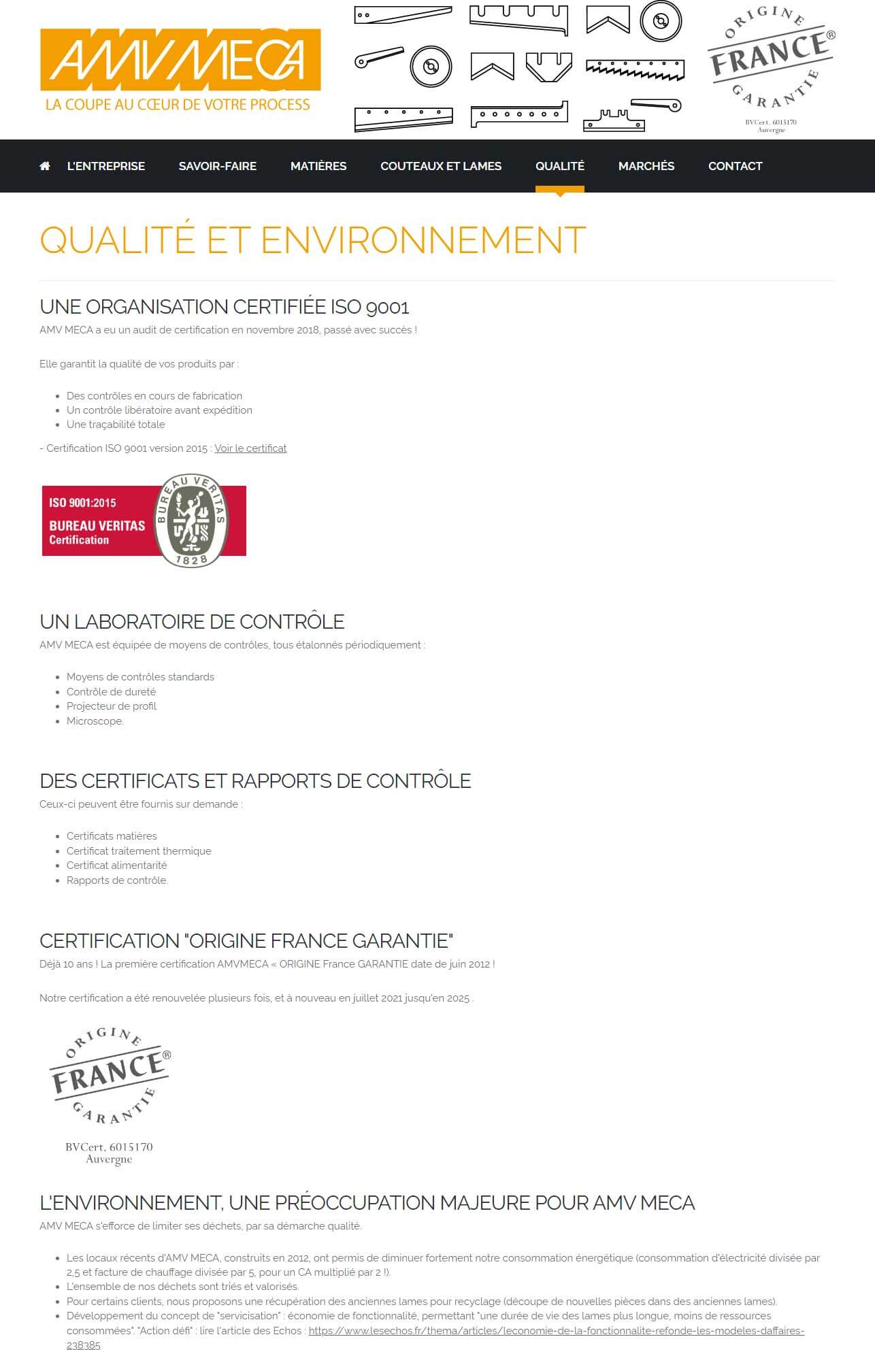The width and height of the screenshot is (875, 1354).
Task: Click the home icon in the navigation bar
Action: pos(45,166)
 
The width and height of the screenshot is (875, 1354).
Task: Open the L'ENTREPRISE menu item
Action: pos(105,166)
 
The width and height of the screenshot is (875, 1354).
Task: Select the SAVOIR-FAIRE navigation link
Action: pos(217,166)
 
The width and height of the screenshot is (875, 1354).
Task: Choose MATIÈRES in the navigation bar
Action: pos(318,166)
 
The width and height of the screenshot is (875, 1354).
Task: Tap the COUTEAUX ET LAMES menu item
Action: pos(441,166)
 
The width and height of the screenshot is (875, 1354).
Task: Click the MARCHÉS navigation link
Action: pos(646,166)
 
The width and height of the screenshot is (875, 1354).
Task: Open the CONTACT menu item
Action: pos(735,166)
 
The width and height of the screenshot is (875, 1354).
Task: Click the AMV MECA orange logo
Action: pos(180,60)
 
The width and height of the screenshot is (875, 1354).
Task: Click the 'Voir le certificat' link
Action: pos(250,448)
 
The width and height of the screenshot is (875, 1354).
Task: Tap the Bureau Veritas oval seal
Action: pos(191,521)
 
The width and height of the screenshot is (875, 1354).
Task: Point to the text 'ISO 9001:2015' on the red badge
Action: pos(82,503)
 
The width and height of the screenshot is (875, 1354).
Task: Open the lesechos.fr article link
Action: pos(556,1330)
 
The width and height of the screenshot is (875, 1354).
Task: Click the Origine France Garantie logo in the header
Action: pos(771,65)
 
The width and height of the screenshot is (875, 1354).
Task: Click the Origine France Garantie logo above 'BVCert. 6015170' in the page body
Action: pos(110,1075)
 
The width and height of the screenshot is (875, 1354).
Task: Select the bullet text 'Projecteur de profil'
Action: pos(112,706)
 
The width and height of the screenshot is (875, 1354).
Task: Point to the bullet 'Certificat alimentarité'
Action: pos(116,865)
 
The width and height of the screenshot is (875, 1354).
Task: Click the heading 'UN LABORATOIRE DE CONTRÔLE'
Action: pos(192,622)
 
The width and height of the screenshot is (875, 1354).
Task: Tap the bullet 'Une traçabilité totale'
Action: pos(116,425)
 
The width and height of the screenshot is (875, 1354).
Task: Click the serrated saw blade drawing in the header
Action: pos(634,69)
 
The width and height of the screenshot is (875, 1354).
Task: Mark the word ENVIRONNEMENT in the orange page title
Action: pos(423,240)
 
